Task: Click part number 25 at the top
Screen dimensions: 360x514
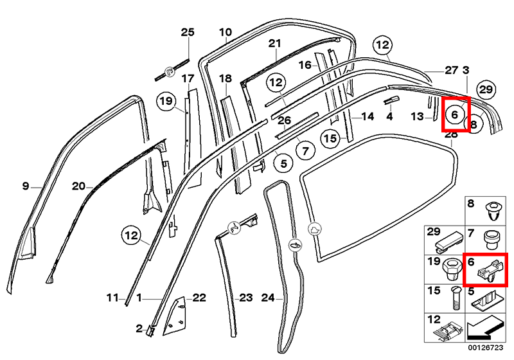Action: (x=187, y=32)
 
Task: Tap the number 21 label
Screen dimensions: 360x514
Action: (x=275, y=44)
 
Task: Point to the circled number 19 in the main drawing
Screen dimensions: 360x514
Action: (x=166, y=101)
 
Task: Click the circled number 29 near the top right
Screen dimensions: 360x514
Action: (x=486, y=89)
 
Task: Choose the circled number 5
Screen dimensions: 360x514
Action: (x=282, y=164)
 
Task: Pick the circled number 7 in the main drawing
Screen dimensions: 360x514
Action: (x=306, y=151)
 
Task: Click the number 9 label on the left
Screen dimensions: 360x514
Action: (x=26, y=186)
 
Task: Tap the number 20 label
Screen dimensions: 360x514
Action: (x=78, y=186)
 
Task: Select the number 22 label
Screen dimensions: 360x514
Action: (x=199, y=297)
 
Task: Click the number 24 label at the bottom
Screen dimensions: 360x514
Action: (x=268, y=298)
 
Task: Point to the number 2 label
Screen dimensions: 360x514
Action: (x=139, y=329)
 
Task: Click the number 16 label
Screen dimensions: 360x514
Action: (x=305, y=65)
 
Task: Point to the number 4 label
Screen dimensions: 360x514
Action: (x=389, y=117)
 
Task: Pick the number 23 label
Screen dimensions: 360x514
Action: (x=246, y=298)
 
